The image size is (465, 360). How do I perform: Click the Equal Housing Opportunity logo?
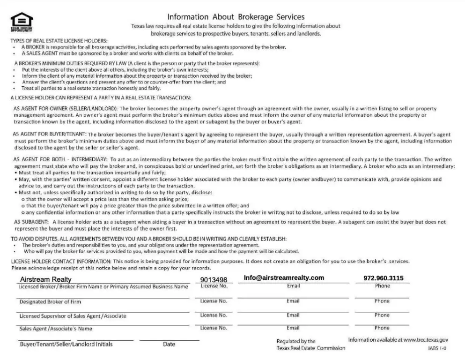(x=22, y=22)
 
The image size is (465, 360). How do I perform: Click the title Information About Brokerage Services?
(x=236, y=17)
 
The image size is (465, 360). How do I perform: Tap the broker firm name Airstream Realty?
(x=46, y=279)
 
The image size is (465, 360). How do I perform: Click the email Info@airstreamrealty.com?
(x=284, y=278)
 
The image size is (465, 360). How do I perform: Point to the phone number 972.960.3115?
(x=383, y=278)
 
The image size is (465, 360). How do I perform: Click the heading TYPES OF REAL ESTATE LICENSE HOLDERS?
(x=59, y=41)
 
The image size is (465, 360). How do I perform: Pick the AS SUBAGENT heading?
(x=31, y=221)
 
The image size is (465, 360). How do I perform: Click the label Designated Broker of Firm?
(x=50, y=302)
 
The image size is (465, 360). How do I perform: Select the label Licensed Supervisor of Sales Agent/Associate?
(x=73, y=316)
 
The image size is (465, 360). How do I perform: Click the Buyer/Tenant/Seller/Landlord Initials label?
(x=66, y=345)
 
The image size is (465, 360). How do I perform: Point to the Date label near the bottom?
(x=169, y=345)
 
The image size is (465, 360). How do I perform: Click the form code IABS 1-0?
(x=437, y=349)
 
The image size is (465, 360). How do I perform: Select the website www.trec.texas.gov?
(x=426, y=339)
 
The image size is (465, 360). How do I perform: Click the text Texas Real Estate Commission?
(x=310, y=348)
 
